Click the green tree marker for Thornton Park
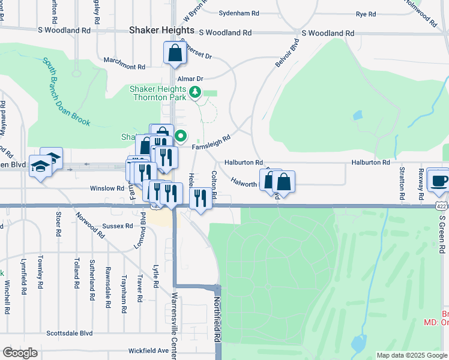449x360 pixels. click(194, 92)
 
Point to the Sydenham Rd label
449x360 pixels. click(239, 13)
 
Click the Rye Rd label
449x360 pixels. click(366, 13)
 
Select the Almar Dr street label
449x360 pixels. click(191, 79)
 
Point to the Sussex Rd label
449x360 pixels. click(117, 226)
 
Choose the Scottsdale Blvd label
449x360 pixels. click(70, 333)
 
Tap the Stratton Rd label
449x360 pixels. click(402, 184)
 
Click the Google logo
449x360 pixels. click(20, 353)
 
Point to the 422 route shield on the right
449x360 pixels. click(441, 206)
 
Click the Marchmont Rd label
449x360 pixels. click(125, 67)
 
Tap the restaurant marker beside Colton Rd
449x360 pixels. click(200, 198)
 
